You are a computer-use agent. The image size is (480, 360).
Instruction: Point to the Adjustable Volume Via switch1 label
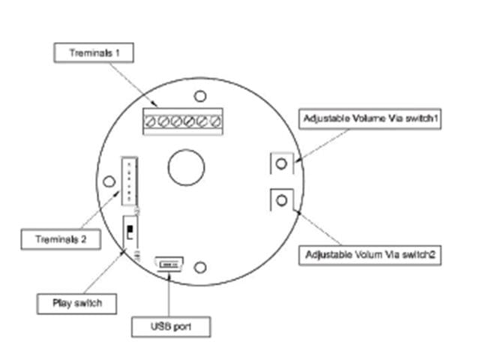point(369,118)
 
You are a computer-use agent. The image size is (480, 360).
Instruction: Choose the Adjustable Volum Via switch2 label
point(371,255)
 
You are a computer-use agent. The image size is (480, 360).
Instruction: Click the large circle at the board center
point(186,166)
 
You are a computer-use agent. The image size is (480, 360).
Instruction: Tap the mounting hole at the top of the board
point(200,95)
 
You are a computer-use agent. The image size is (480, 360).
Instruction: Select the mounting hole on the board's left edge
point(110,181)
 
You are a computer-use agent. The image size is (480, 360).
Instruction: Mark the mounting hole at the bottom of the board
point(200,267)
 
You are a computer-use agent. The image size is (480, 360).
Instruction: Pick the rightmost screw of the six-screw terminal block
point(216,120)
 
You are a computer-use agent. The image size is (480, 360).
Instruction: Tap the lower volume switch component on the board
point(281,199)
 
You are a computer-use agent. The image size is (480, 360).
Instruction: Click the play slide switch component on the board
point(130,228)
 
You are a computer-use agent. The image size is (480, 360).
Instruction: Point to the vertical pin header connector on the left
point(128,181)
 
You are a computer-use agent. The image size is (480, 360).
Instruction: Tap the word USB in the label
point(160,327)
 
